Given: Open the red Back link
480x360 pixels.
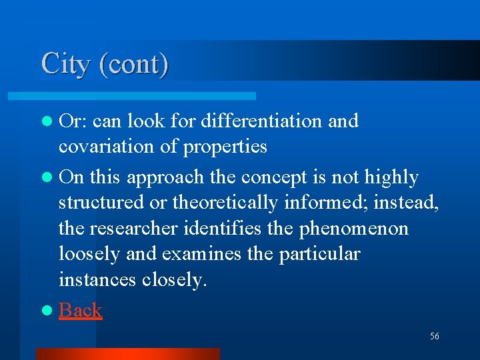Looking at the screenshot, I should (80, 310).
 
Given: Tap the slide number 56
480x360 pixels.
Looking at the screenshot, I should (435, 337).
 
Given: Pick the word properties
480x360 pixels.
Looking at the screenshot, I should (227, 147).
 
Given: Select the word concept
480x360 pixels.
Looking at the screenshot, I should (273, 177).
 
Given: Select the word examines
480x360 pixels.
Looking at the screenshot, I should (203, 254).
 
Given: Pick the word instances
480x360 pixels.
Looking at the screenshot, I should (97, 280).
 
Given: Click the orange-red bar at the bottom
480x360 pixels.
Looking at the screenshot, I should (127, 354).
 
